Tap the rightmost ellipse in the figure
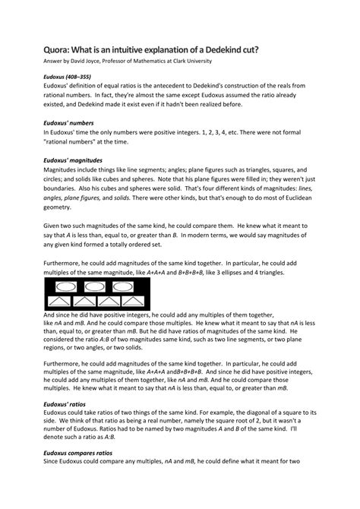pyautogui.click(x=128, y=288)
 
